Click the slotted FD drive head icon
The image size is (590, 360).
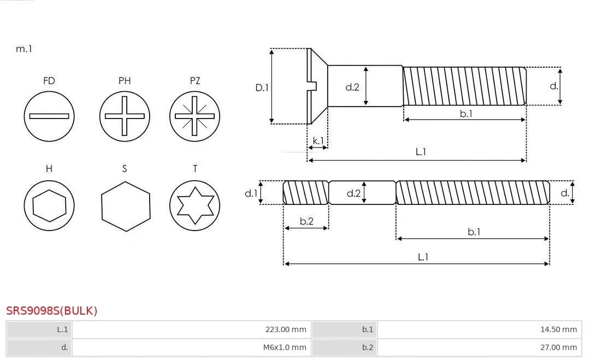coord(49,116)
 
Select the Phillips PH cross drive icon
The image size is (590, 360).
coord(125,116)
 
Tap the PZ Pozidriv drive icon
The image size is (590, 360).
coord(194,116)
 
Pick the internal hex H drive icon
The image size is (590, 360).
coord(49,206)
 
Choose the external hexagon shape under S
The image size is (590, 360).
coord(125,206)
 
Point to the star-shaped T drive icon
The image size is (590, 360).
coord(194,206)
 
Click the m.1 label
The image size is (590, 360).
coord(24,49)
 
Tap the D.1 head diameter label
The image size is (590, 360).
coord(262,87)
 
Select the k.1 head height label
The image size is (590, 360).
coord(317,140)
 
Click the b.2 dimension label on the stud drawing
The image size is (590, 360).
coord(306,221)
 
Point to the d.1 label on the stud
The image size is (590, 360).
coord(251,193)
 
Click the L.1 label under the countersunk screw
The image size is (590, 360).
coord(421,152)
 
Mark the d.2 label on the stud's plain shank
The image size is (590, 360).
coord(353,193)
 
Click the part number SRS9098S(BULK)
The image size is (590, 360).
coord(52,311)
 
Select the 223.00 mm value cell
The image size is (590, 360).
coord(191,329)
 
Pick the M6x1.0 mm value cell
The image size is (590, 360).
coord(191,347)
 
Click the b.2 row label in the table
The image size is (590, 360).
coord(344,347)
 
